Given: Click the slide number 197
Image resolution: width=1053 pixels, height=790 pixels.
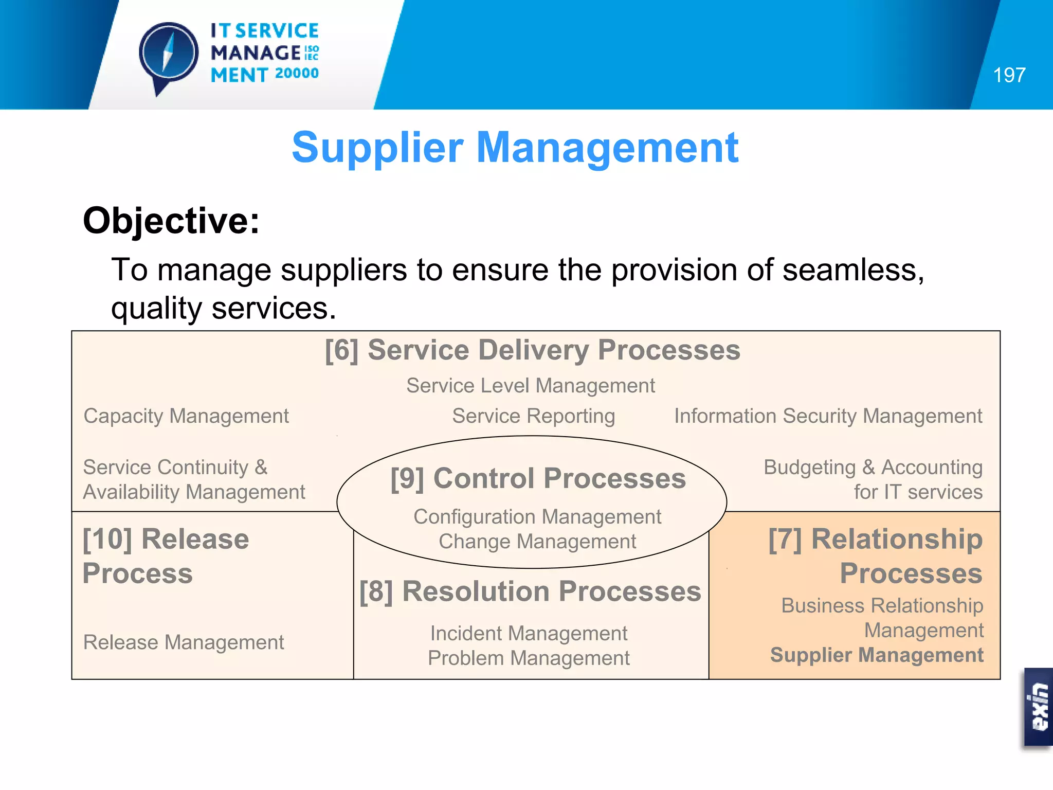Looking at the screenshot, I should click(1009, 76).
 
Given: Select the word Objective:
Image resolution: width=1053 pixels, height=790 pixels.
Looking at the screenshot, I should click(171, 221).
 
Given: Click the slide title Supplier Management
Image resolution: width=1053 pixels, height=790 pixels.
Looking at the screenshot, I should click(515, 148).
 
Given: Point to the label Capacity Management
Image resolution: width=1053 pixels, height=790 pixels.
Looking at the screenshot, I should click(186, 416).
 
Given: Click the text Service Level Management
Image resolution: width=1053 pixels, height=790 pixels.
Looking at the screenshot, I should click(530, 386).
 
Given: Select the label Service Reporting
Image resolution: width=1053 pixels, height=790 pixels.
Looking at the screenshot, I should click(533, 416).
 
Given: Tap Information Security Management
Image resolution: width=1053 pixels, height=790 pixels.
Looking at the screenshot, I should click(828, 416).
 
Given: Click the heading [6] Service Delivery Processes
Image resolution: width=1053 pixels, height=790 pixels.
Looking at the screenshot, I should click(532, 350).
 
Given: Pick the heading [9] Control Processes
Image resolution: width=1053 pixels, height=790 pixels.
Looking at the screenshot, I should click(538, 478).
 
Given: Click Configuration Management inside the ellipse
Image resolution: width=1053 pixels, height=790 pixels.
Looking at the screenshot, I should click(537, 517).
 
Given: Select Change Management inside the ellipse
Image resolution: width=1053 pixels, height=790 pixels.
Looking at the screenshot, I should click(537, 542).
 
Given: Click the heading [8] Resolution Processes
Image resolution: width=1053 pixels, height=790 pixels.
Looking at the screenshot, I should click(530, 591).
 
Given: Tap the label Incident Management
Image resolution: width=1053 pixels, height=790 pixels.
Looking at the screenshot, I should click(529, 634).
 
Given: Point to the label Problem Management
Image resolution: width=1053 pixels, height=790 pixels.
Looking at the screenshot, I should click(529, 658).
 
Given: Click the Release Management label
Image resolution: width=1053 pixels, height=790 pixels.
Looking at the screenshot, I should click(184, 642).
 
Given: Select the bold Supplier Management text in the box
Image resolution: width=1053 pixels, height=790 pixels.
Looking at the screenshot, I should click(877, 655).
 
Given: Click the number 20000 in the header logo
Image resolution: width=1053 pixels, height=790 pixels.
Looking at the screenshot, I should click(297, 74).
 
